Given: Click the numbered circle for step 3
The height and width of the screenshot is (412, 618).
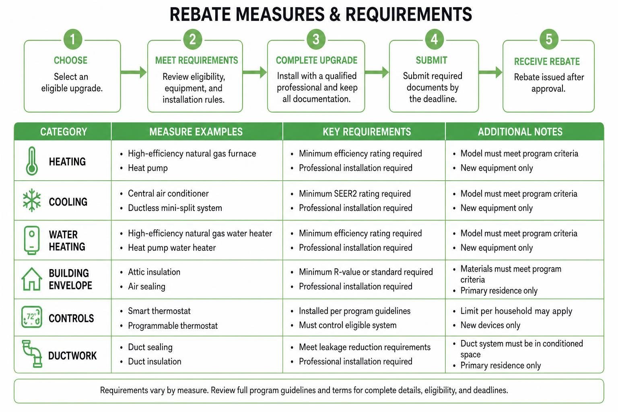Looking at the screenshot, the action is click(x=316, y=39).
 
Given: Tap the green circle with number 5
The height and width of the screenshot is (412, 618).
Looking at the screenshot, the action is click(x=549, y=39).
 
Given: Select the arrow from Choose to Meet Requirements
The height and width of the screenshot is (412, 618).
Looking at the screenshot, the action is click(x=134, y=72).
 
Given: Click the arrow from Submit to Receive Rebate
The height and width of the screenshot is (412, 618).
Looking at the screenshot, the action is click(x=490, y=72).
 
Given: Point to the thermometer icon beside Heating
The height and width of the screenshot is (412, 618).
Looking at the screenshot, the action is click(x=32, y=161).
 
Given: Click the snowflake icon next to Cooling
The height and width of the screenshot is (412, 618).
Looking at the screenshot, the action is click(x=32, y=200).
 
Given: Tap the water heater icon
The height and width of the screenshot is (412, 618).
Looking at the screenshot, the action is click(x=32, y=240).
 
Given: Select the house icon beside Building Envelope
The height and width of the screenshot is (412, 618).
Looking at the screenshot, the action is click(x=32, y=279).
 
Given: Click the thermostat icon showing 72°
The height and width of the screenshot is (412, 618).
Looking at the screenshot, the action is click(x=32, y=317).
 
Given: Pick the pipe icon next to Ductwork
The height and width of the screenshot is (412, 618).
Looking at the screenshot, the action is click(x=32, y=354).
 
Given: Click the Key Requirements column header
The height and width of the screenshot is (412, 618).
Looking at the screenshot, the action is click(x=367, y=132).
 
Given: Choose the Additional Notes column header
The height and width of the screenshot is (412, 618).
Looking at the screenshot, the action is click(x=520, y=132).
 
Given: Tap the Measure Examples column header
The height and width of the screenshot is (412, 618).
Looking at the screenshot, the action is click(x=196, y=132).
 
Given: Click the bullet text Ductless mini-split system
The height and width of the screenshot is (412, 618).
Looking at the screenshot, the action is click(x=175, y=208).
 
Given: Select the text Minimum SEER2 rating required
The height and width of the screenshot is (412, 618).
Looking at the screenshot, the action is click(x=355, y=194).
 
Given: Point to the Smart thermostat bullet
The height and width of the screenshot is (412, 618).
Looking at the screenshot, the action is click(x=159, y=311).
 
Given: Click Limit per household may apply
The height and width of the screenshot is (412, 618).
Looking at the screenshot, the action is click(x=516, y=311).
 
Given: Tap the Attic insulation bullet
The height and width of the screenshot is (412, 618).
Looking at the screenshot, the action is click(x=154, y=272).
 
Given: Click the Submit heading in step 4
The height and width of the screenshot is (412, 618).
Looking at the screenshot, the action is click(x=431, y=60).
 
